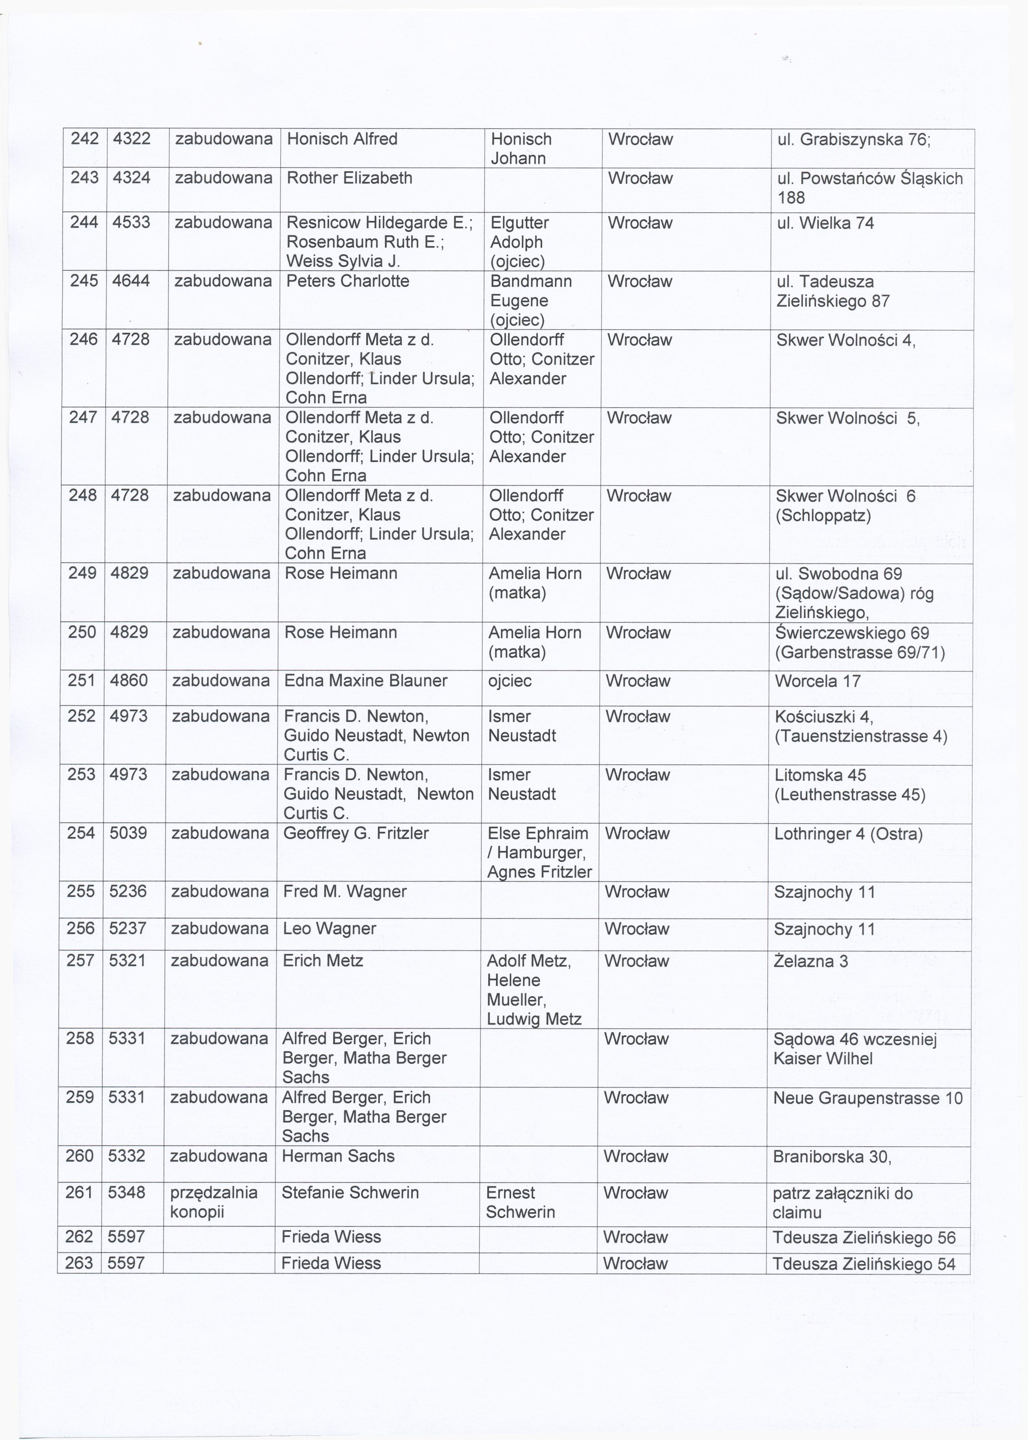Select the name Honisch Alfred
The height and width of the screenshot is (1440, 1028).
342,139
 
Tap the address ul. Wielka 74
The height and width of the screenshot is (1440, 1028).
825,223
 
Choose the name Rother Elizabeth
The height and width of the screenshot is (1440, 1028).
349,178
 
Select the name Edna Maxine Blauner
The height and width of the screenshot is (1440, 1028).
365,681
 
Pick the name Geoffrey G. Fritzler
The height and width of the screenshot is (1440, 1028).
356,833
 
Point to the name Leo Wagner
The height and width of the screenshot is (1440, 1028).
329,929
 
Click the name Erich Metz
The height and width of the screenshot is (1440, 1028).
323,961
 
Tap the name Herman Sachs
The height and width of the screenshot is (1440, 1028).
338,1156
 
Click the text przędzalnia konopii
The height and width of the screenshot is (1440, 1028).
214,1202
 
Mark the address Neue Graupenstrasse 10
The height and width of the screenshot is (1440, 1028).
867,1097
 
